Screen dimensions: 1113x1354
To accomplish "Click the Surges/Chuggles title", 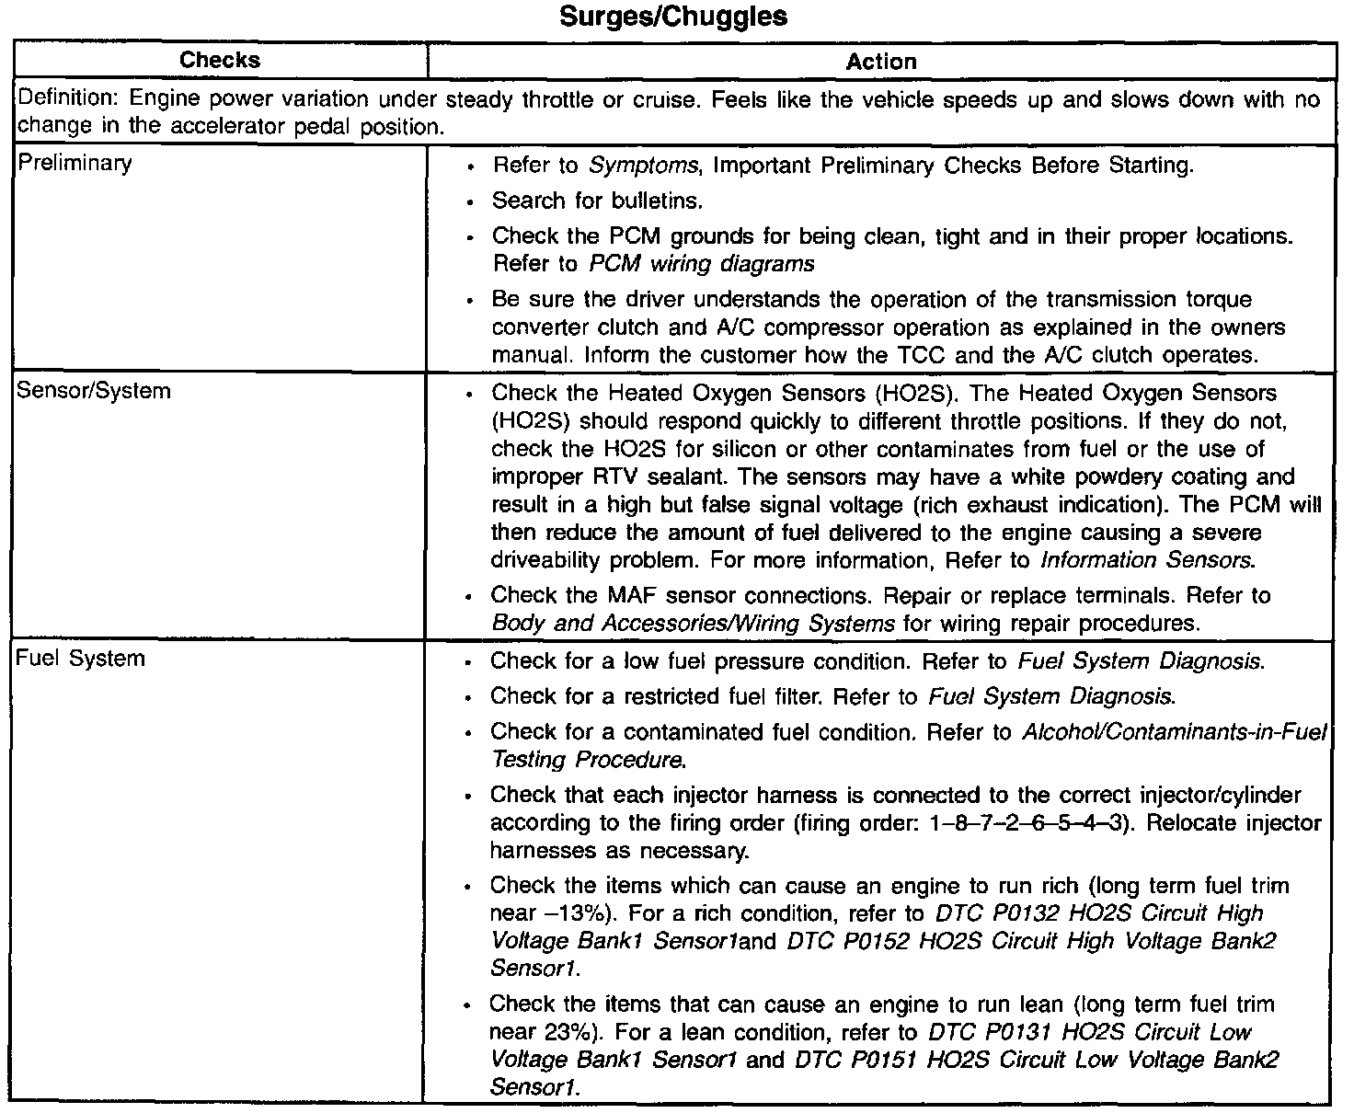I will (674, 17).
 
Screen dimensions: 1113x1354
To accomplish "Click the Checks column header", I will (220, 61).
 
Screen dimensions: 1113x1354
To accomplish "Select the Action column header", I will (880, 62).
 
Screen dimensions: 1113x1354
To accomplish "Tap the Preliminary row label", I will (75, 164).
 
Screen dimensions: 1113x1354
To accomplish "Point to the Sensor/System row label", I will (94, 391).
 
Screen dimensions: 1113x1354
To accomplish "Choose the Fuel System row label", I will (81, 659).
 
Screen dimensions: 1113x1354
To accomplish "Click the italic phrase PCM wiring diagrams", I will (701, 265).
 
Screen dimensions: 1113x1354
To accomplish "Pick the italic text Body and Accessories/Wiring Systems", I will (693, 624).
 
